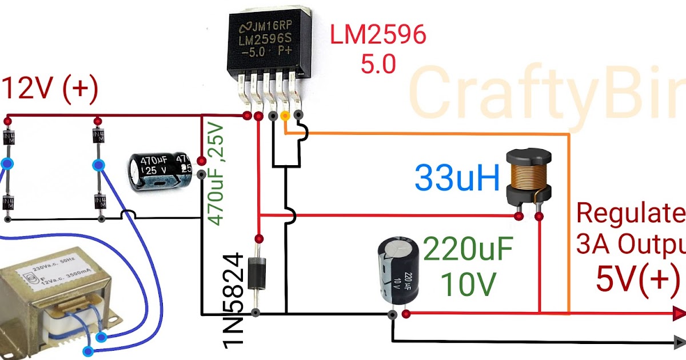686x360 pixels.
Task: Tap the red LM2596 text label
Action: (x=378, y=36)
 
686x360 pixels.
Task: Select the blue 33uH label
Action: (x=457, y=178)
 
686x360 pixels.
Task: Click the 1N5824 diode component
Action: (x=258, y=274)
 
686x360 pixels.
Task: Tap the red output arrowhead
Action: (x=679, y=313)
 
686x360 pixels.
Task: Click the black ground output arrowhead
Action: (x=679, y=342)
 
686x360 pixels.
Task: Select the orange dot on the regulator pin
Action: (x=285, y=117)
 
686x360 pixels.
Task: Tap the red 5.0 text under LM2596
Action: (x=377, y=64)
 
